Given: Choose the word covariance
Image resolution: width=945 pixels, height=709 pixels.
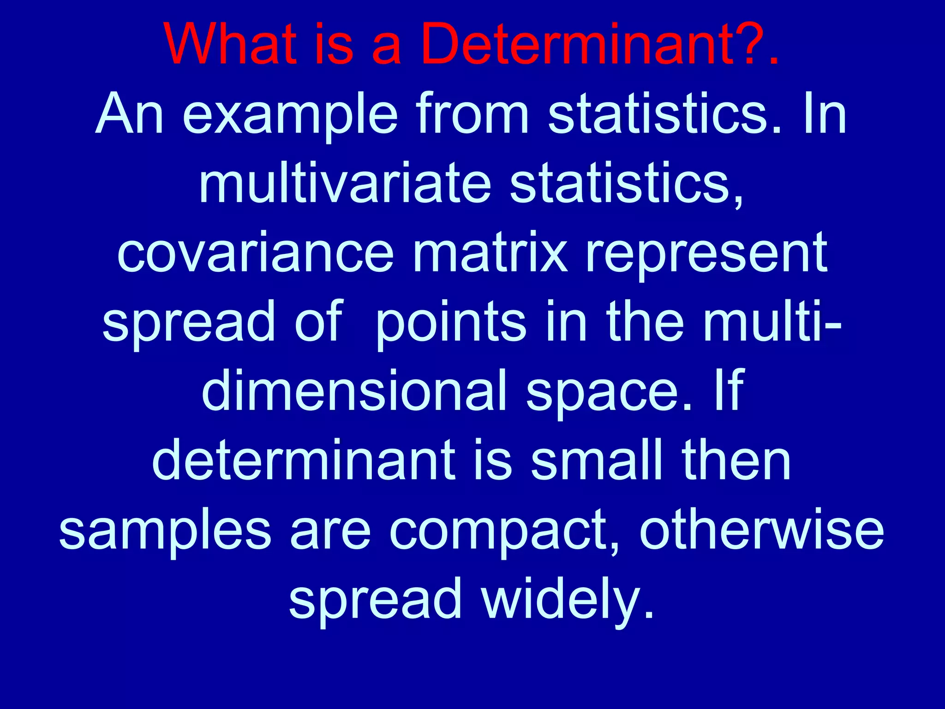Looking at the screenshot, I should (256, 253).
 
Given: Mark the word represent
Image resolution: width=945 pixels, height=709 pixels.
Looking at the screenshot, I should (706, 253).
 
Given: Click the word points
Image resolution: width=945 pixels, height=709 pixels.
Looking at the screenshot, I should (451, 322).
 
